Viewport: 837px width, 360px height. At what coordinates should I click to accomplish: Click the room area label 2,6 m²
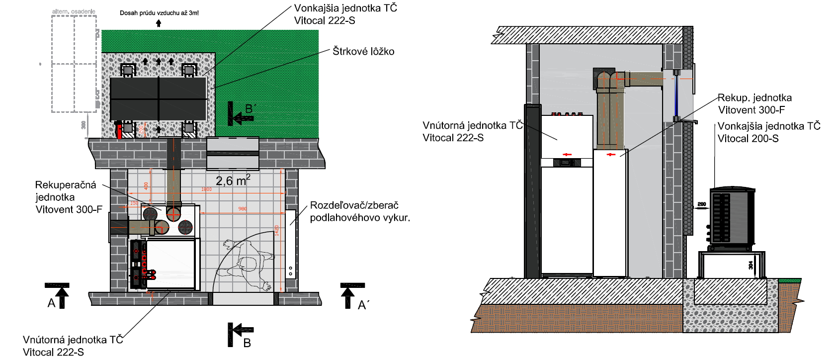click(233, 180)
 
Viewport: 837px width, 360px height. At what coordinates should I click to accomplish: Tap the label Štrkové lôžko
click(363, 51)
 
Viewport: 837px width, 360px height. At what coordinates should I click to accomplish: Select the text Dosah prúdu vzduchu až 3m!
click(159, 13)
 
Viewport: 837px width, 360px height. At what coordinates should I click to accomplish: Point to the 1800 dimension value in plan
click(206, 189)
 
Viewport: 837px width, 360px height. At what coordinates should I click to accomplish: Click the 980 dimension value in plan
click(243, 209)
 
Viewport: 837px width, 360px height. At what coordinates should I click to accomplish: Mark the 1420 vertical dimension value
click(277, 231)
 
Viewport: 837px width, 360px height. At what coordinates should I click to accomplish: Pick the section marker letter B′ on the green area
click(251, 108)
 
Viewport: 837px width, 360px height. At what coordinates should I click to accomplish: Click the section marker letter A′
click(363, 305)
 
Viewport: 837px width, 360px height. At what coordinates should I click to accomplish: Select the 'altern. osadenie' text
click(74, 11)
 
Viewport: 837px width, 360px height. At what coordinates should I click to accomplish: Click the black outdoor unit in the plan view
click(158, 98)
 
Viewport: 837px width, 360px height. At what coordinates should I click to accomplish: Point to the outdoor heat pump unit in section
click(732, 217)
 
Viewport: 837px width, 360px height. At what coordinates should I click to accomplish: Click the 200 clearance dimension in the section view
click(701, 204)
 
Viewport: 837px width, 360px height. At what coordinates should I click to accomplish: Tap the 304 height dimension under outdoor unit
click(751, 266)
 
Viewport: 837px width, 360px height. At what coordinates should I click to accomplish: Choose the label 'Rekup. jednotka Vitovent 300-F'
click(754, 104)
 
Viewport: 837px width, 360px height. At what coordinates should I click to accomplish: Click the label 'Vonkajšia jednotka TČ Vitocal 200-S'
click(768, 132)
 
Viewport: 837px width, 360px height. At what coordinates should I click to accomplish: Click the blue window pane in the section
click(676, 96)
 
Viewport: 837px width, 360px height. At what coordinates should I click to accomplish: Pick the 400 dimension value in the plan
click(146, 185)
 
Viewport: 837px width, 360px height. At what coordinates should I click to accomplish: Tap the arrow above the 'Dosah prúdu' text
click(159, 23)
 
